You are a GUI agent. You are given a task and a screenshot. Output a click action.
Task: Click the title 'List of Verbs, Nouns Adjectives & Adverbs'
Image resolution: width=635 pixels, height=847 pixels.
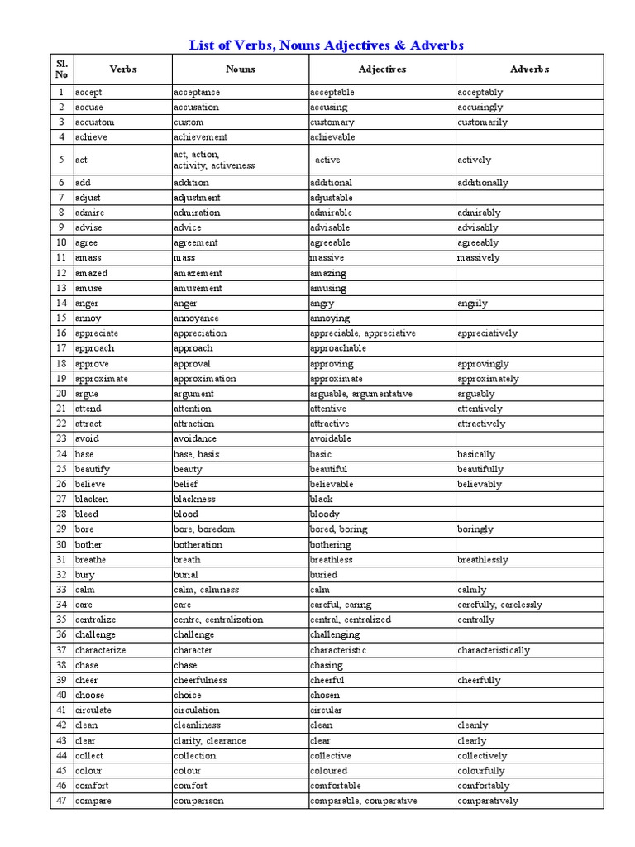point(327,45)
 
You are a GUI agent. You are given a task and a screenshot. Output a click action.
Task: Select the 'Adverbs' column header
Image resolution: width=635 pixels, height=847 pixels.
point(530,69)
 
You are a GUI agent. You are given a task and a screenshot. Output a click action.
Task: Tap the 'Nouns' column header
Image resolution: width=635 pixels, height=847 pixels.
point(241,69)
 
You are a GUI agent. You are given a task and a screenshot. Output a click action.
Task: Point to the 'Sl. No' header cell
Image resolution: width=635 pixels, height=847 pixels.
point(62,69)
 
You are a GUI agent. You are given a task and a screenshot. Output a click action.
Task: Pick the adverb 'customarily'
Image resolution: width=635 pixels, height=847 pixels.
point(482,122)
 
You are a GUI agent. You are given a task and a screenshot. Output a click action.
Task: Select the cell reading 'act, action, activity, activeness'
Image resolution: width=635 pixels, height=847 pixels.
point(214,160)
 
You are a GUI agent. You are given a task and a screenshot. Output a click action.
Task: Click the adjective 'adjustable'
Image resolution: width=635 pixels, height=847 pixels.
point(332,198)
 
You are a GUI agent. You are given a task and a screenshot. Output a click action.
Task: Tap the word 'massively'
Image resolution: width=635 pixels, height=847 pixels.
point(479,258)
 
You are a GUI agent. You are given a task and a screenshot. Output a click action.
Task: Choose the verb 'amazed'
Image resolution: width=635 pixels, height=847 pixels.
point(91,273)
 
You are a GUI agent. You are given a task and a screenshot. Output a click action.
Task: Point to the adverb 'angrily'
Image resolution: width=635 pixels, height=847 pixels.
point(472,304)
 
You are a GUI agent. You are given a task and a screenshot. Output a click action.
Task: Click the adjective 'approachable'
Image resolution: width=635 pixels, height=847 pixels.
point(338,348)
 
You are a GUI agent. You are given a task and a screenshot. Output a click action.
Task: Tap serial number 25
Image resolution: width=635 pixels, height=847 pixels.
point(62,469)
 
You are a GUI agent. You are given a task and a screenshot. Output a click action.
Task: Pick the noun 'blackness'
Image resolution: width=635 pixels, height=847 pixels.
point(194,499)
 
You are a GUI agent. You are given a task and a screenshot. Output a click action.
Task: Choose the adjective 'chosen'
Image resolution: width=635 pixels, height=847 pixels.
point(325,695)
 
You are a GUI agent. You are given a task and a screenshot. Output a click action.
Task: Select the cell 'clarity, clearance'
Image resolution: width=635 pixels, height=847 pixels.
point(210,740)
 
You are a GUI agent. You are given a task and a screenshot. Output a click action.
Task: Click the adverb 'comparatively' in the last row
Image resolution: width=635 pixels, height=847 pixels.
point(488,801)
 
